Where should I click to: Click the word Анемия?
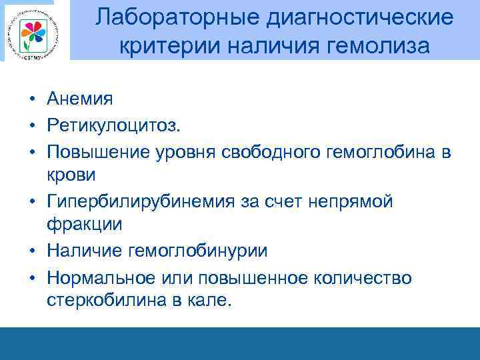(80, 99)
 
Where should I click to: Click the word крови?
(71, 175)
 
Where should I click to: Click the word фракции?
(85, 225)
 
